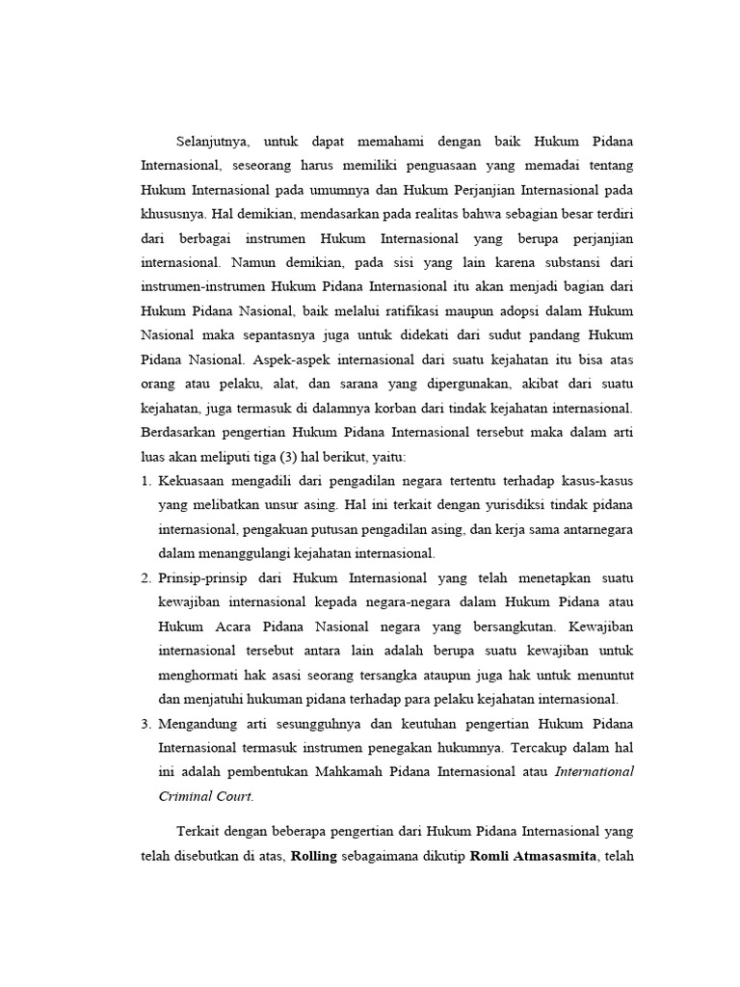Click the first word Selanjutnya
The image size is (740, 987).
(211, 142)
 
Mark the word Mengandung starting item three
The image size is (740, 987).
(202, 723)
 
